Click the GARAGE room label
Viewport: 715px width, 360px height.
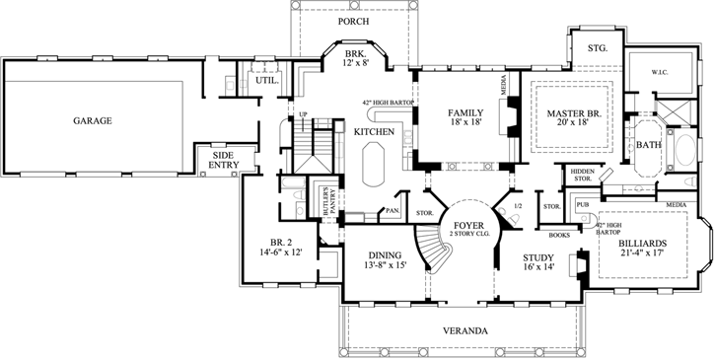tap(91, 121)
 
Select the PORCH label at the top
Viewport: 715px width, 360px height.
tap(353, 20)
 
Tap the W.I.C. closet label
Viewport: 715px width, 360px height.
tap(663, 72)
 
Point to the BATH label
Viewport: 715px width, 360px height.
tap(648, 145)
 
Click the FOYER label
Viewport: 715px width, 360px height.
tap(467, 226)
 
